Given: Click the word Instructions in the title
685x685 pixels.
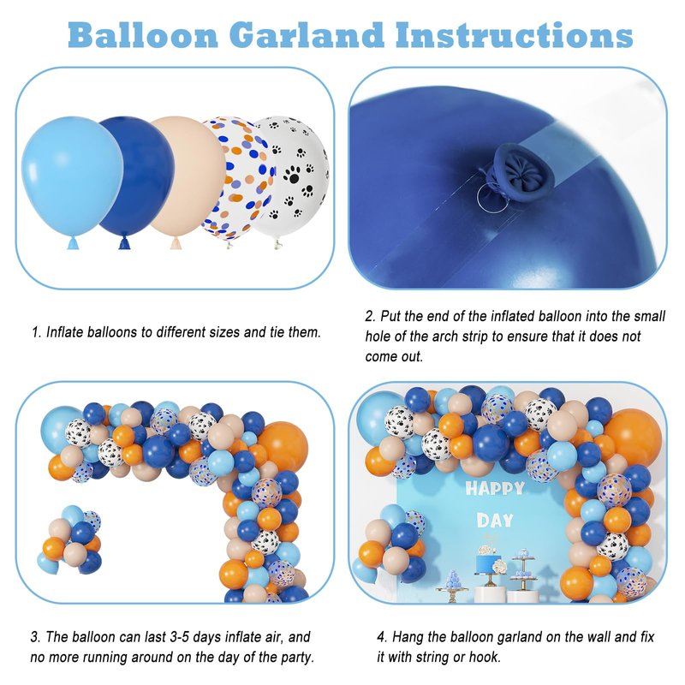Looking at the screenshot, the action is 515,35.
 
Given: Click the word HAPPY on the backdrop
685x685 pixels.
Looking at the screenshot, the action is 495,488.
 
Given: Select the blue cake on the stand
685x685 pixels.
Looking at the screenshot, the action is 487,563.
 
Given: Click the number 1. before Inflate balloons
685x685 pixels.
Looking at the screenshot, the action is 37,332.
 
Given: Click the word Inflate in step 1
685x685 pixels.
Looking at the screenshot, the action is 65,332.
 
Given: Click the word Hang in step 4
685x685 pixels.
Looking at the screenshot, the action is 408,637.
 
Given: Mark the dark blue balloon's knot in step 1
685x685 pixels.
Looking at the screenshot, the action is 124,243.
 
